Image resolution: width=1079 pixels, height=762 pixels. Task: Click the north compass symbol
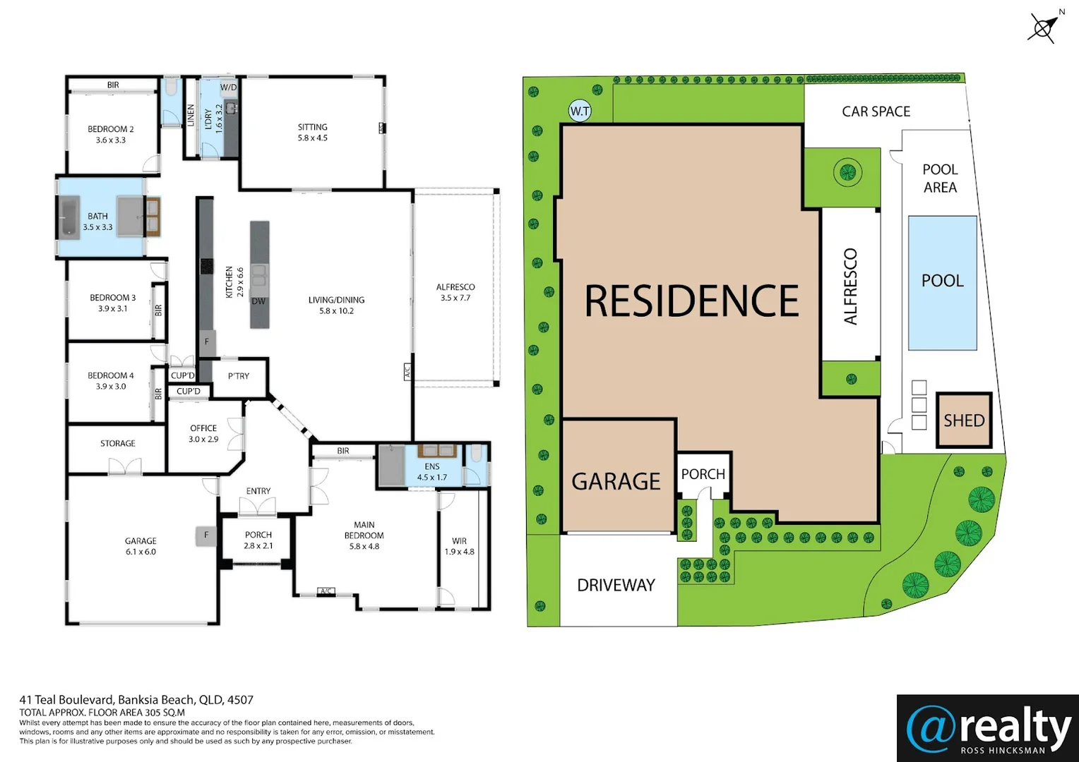(1043, 28)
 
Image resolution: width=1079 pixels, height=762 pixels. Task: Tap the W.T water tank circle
(580, 111)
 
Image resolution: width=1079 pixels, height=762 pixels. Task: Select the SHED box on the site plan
(964, 421)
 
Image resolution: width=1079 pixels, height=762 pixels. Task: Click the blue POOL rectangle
(942, 282)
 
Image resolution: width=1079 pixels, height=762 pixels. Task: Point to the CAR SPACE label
(876, 111)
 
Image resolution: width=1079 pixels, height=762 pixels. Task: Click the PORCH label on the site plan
(703, 474)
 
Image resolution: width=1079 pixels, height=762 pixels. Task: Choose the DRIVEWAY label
(616, 585)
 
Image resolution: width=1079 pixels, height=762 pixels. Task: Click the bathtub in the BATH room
(68, 217)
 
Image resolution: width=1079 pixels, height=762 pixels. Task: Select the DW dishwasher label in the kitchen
(258, 301)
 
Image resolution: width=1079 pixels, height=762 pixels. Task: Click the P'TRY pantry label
(239, 376)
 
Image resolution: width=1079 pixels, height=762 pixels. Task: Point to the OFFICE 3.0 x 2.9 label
(203, 433)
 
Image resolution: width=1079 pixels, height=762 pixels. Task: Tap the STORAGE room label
(118, 443)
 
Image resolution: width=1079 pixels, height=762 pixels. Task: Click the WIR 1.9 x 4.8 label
(459, 546)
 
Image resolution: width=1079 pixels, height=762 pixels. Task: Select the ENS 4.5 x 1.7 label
(432, 472)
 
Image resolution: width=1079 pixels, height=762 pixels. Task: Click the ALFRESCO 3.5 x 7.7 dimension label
(455, 292)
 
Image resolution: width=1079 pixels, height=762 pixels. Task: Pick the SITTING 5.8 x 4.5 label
(312, 133)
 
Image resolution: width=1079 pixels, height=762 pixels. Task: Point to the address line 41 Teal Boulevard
(136, 700)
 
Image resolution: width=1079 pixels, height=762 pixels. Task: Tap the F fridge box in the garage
(206, 536)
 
